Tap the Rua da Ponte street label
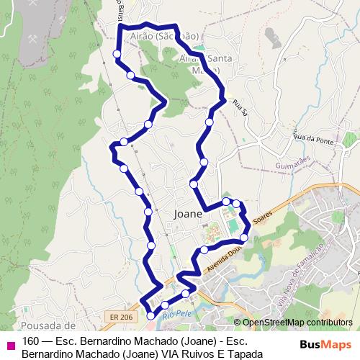314,138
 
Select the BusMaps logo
325,343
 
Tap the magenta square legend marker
10,345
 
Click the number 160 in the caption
31,341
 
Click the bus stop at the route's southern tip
150,315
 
